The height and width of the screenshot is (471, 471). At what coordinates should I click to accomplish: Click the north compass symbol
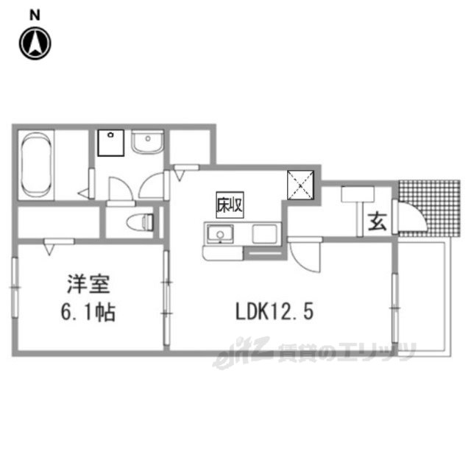click(x=35, y=43)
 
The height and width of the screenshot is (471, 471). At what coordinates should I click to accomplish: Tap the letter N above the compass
click(x=35, y=15)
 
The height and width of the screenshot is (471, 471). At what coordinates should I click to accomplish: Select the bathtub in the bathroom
click(x=36, y=165)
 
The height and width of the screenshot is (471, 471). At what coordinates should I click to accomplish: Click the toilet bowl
click(x=140, y=222)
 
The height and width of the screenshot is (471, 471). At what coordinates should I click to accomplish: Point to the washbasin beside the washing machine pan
click(x=148, y=142)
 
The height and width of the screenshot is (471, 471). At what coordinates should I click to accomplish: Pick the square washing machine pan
click(x=111, y=143)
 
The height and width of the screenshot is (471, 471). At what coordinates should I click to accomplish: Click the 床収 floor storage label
click(x=230, y=205)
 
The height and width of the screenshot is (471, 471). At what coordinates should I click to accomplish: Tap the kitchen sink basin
click(x=220, y=234)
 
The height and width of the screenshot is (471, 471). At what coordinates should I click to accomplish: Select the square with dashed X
click(x=301, y=185)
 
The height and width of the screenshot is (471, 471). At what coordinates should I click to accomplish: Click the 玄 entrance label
click(x=378, y=222)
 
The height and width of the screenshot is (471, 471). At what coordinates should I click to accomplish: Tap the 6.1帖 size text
click(x=88, y=312)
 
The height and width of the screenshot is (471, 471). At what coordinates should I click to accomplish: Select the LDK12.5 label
click(x=275, y=311)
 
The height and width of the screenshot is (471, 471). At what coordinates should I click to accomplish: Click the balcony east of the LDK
click(x=424, y=297)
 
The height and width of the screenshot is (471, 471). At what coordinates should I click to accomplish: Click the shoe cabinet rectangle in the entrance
click(x=358, y=194)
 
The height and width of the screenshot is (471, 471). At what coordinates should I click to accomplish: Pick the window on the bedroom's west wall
click(x=15, y=287)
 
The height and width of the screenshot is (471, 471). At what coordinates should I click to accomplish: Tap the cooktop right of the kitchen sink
click(x=264, y=234)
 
